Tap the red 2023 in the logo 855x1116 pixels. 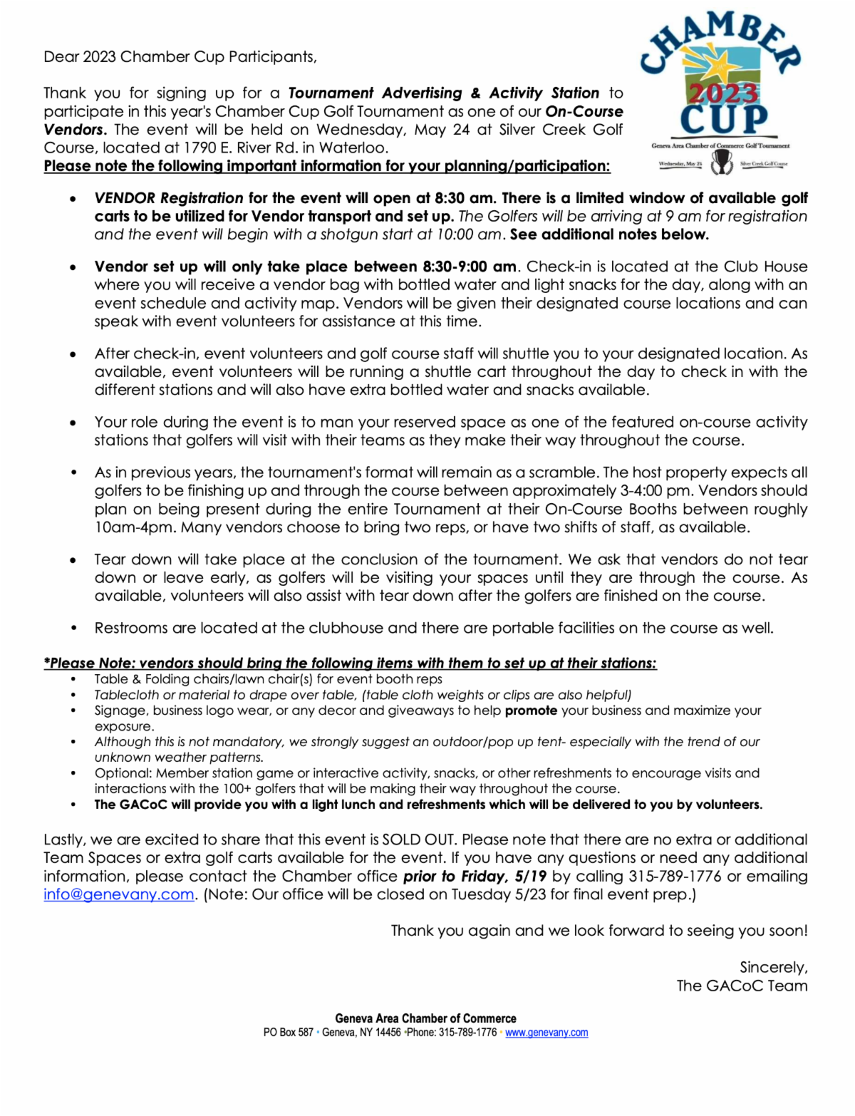pos(723,93)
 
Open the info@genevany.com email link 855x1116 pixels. pos(119,894)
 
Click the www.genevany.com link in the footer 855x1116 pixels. pos(546,1033)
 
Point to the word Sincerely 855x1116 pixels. pos(773,967)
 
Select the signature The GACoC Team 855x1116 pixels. pos(742,986)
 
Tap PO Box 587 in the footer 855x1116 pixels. pos(288,1033)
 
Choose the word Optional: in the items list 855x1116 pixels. pos(124,773)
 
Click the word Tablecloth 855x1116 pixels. pos(127,695)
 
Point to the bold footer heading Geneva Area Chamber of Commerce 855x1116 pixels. pos(425,1018)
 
